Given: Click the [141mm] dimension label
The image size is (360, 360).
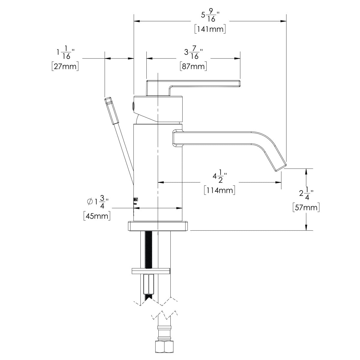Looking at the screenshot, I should click(210, 29).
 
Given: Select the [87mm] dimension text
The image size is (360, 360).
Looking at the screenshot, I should click(193, 66).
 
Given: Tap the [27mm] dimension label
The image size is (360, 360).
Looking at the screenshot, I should click(65, 66).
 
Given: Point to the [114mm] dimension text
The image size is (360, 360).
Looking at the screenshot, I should click(219, 190).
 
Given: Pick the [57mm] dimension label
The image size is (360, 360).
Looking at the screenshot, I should click(306, 207).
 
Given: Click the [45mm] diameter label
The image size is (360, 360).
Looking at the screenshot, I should click(97, 216).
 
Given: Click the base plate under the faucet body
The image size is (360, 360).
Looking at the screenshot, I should click(158, 226).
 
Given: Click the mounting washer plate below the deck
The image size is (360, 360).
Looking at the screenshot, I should click(151, 271).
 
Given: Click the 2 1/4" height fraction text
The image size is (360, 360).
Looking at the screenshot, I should click(306, 193).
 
